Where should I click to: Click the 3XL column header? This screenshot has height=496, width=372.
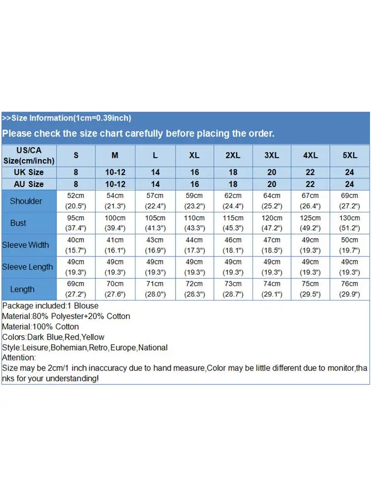(272, 155)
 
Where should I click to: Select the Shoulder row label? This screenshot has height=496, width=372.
(26, 201)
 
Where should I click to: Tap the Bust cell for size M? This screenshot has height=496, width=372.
(115, 223)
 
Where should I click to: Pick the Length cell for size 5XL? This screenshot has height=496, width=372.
(350, 289)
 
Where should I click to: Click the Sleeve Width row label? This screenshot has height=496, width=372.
(26, 245)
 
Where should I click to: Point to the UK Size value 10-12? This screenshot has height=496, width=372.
(115, 172)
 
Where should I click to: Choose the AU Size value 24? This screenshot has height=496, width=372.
(350, 184)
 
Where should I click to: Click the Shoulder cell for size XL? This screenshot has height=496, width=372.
(194, 201)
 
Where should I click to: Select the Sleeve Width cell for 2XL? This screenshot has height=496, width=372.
(233, 245)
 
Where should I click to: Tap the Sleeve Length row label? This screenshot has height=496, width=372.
(27, 267)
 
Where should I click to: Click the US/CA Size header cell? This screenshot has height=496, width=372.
(29, 155)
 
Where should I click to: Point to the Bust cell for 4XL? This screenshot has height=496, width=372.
(310, 223)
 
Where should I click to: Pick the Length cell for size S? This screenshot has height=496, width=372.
(76, 289)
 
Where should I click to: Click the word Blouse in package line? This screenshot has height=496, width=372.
(86, 306)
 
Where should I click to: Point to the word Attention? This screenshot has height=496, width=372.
(19, 358)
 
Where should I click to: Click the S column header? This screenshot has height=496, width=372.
(76, 155)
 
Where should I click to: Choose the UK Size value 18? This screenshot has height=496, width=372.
(233, 172)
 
